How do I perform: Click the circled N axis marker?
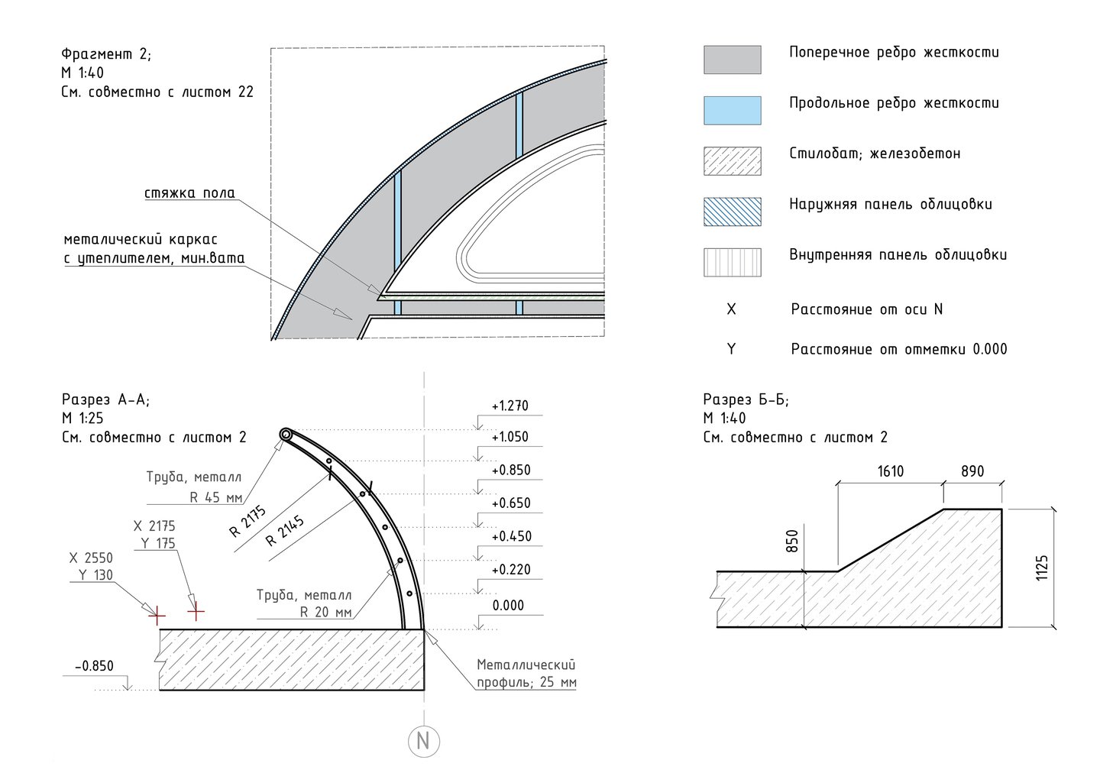[423, 741]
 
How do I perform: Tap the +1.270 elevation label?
[510, 406]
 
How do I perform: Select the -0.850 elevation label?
[94, 666]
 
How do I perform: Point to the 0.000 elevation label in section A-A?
[508, 606]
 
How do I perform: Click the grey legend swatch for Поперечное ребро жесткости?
[732, 60]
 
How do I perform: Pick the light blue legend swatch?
[732, 111]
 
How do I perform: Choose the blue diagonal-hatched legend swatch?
[732, 212]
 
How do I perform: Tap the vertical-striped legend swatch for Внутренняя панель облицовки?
[732, 262]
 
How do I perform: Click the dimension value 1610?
[891, 471]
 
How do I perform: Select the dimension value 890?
[972, 471]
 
